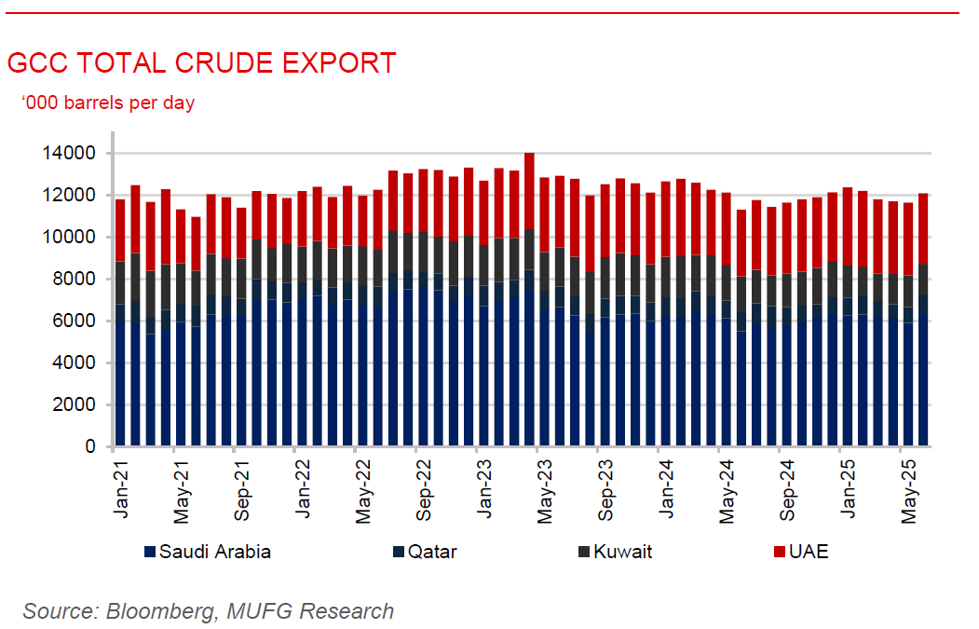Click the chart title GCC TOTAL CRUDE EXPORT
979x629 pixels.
[x=201, y=63]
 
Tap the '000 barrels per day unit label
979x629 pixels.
[x=108, y=103]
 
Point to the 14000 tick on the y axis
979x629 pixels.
[x=75, y=153]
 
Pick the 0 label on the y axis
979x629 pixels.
[x=90, y=447]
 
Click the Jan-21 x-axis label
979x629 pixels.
[x=121, y=486]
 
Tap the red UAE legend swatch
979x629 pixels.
[x=779, y=553]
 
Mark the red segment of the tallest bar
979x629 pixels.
[x=529, y=191]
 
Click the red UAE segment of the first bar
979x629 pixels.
[x=120, y=230]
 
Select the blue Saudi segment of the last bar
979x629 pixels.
[x=923, y=382]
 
